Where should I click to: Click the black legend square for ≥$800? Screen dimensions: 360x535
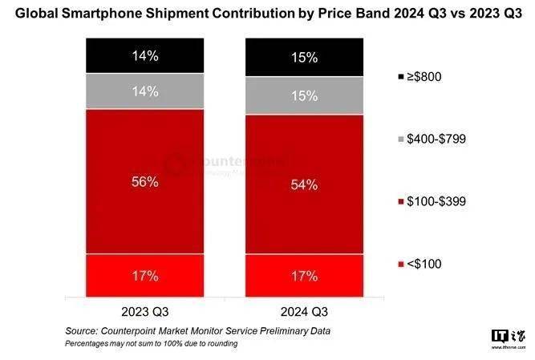coord(400,76)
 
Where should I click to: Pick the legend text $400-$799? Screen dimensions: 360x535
coord(438,139)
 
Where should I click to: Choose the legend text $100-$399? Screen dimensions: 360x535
coord(438,201)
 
